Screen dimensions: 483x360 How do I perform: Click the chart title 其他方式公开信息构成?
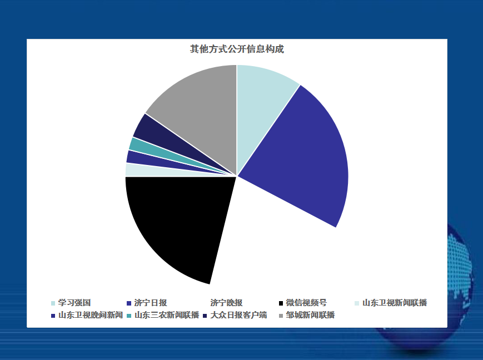point(237,49)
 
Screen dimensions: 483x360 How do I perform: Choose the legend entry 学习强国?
point(71,303)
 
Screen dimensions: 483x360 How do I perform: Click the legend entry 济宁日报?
point(147,303)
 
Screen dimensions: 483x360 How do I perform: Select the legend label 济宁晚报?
point(226,303)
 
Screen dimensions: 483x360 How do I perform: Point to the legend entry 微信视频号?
point(303,303)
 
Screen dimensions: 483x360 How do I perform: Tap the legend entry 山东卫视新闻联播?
point(391,303)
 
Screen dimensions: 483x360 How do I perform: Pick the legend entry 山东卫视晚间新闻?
point(87,316)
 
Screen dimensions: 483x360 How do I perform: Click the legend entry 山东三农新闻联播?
point(163,316)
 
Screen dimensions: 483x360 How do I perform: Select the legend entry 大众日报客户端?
point(235,316)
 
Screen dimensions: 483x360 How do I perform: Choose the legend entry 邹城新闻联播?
point(307,316)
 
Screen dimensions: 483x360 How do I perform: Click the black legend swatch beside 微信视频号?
point(281,303)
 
